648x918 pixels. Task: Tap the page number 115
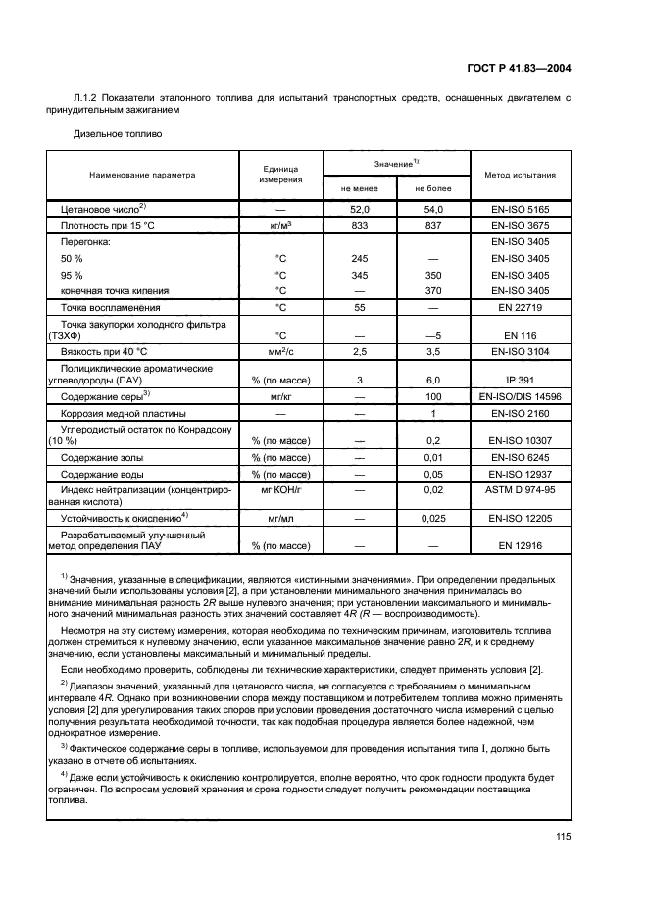[x=563, y=836]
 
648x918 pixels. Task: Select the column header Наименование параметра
[x=142, y=175]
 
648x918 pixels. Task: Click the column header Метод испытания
[x=520, y=175]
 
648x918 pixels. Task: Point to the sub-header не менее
[x=360, y=187]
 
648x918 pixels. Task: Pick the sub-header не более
[x=433, y=187]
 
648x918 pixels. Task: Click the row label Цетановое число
[x=103, y=209]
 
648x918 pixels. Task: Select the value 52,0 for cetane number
[x=360, y=210]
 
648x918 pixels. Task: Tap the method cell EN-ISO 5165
[x=520, y=210]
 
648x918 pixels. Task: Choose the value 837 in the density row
[x=433, y=226]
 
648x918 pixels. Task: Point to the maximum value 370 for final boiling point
[x=433, y=290]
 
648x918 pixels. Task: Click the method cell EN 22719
[x=520, y=307]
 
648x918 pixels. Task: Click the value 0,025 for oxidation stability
[x=433, y=516]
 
